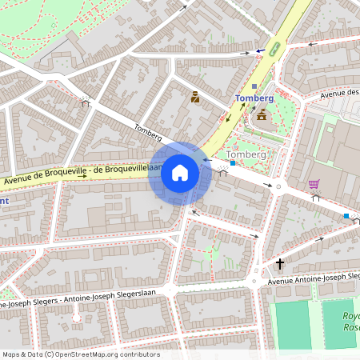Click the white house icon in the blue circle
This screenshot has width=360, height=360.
click(180, 173)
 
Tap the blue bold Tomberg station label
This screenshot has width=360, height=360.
click(254, 98)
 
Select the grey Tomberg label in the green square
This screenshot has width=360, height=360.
click(246, 154)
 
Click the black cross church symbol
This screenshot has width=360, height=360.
click(281, 263)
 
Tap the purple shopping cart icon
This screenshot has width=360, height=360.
click(314, 184)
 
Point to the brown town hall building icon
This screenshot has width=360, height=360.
click(262, 116)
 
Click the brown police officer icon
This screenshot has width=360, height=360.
click(194, 98)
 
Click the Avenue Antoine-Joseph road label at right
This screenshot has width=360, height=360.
click(313, 278)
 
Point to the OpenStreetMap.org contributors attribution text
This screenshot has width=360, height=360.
click(80, 354)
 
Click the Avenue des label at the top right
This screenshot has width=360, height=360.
click(338, 94)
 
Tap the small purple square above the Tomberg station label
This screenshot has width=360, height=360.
click(254, 86)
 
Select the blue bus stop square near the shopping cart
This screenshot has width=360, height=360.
click(346, 216)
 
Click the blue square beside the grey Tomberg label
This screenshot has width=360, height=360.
click(233, 163)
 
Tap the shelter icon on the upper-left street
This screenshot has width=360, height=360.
click(85, 102)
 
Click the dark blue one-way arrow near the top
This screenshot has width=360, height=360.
click(261, 50)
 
